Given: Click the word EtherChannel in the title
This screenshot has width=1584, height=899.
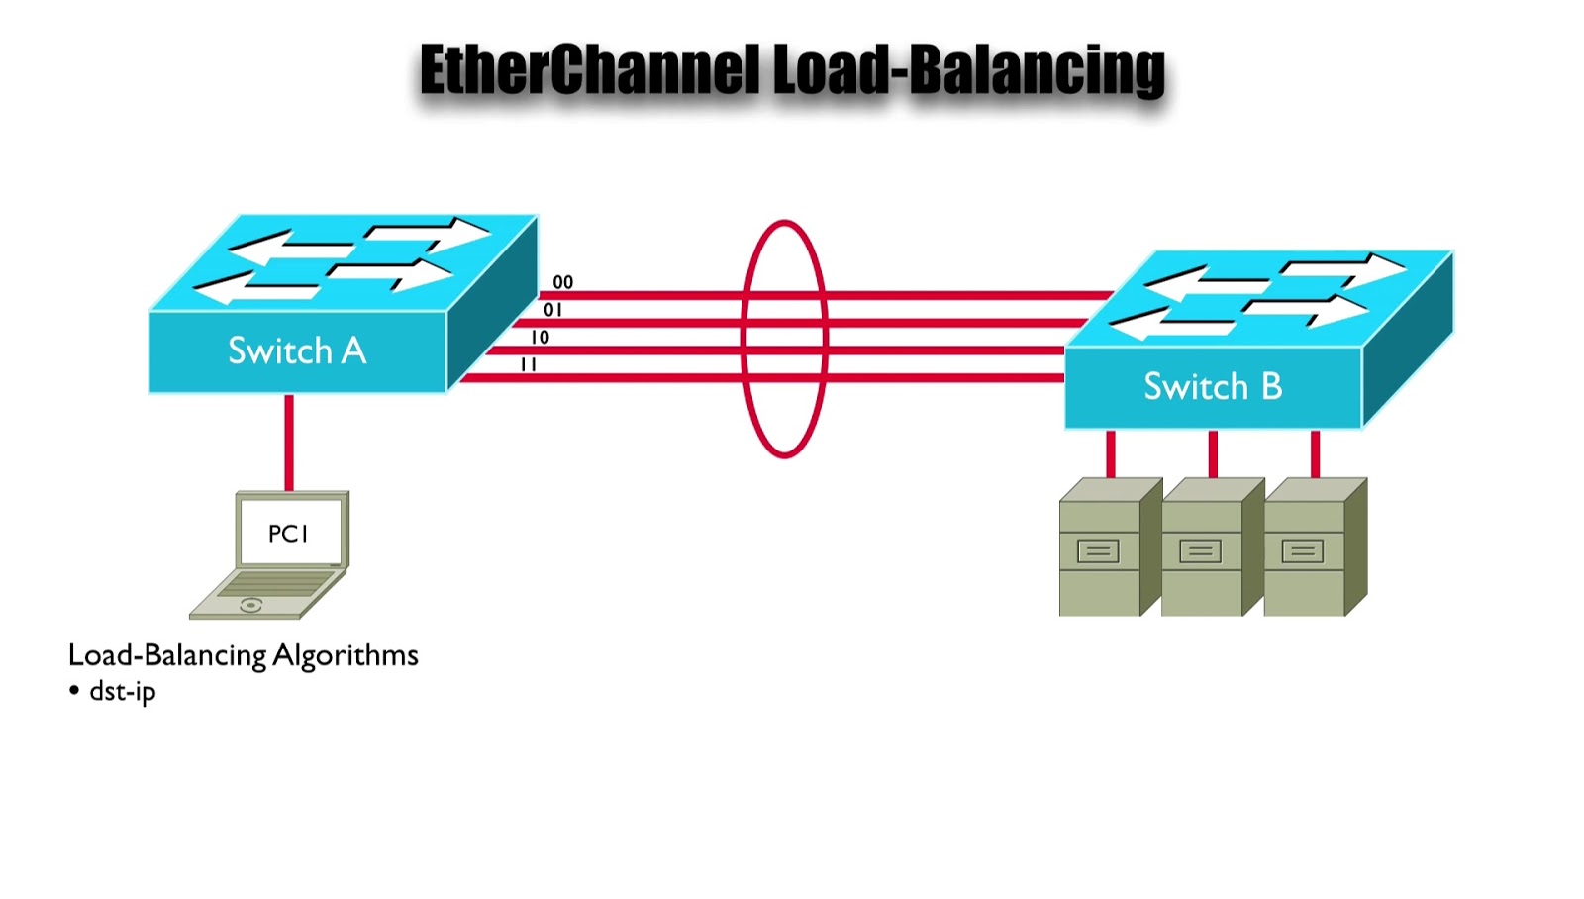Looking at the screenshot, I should click(590, 70).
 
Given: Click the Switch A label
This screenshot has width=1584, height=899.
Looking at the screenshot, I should click(297, 350).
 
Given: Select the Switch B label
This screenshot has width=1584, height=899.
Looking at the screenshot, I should click(1213, 386).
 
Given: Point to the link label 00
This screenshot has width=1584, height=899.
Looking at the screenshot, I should click(563, 282).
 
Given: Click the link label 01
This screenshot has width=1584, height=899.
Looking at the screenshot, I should click(552, 310).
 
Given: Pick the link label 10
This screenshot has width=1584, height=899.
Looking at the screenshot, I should click(540, 338).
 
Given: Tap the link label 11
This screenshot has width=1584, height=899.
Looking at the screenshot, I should click(528, 365).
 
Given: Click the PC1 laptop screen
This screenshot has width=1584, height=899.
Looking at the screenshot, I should click(289, 534).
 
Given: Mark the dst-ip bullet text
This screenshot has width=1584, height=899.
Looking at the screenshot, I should click(122, 691).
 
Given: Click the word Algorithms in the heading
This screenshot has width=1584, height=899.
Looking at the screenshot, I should click(346, 655).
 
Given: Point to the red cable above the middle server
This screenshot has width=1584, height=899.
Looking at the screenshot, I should click(1213, 454).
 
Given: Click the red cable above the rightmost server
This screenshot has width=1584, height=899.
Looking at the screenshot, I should click(1315, 454).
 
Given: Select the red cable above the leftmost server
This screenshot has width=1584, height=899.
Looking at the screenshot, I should click(1111, 454).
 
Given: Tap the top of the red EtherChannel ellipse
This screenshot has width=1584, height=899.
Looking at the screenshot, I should click(784, 224).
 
